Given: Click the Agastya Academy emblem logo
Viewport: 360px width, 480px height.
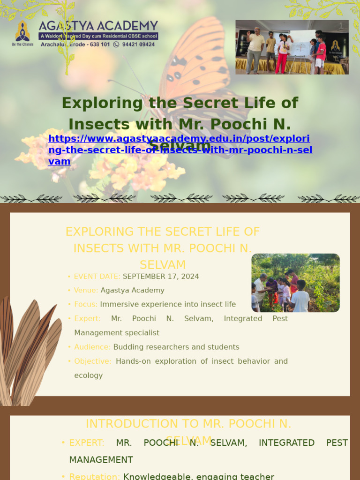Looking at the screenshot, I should pyautogui.click(x=22, y=31).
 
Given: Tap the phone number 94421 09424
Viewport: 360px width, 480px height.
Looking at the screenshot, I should pyautogui.click(x=138, y=45).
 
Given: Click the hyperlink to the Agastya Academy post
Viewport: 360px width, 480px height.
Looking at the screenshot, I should pyautogui.click(x=180, y=150).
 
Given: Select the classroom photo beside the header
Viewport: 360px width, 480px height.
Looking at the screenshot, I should pyautogui.click(x=292, y=47).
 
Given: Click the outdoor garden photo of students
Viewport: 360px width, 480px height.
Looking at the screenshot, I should pyautogui.click(x=295, y=283).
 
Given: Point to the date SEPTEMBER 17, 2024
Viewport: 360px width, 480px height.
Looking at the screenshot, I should pyautogui.click(x=161, y=277).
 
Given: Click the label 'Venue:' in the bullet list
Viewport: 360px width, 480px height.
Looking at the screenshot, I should pyautogui.click(x=86, y=291).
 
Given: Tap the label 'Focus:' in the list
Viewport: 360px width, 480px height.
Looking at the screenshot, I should pyautogui.click(x=86, y=305).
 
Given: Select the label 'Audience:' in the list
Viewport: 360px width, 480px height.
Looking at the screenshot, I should pyautogui.click(x=92, y=347).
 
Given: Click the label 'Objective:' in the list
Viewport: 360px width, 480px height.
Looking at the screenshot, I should pyautogui.click(x=93, y=361).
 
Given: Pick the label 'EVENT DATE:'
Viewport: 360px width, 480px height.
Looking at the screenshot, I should pyautogui.click(x=97, y=277).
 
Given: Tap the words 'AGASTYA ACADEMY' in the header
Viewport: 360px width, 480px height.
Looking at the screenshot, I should pyautogui.click(x=98, y=25).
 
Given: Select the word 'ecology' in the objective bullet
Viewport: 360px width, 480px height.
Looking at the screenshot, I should pyautogui.click(x=88, y=375).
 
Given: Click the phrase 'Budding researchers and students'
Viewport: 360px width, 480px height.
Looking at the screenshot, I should pyautogui.click(x=176, y=347).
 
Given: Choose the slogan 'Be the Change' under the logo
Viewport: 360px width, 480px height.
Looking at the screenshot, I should pyautogui.click(x=22, y=45).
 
